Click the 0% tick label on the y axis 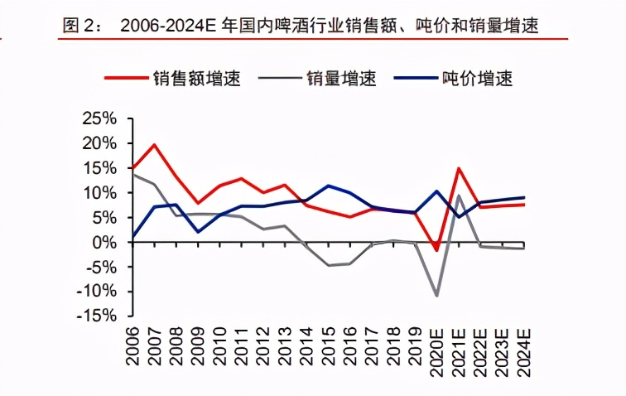coord(104,242)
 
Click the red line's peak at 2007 coord(155,145)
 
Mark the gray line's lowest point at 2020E coord(437,295)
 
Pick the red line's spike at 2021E coord(459,168)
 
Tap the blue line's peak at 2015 coord(329,186)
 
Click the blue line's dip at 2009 coord(199,231)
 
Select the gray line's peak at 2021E coord(459,196)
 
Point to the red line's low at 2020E coord(437,249)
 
